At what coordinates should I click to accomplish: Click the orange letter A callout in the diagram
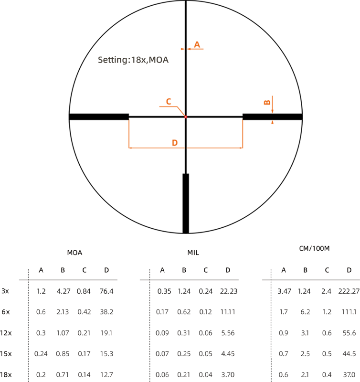(197, 45)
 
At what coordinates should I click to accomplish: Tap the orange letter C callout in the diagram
(168, 101)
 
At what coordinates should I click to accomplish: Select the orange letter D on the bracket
(175, 143)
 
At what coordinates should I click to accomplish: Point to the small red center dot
(186, 117)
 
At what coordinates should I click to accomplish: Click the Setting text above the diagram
(133, 60)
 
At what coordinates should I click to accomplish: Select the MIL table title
(193, 252)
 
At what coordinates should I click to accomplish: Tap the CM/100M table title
(314, 249)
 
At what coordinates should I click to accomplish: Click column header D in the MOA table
(106, 270)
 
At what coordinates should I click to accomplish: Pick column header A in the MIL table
(162, 270)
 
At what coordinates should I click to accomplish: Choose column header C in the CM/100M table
(327, 270)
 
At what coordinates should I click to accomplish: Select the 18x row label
(6, 375)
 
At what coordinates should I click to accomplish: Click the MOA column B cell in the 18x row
(63, 375)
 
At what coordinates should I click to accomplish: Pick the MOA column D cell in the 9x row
(106, 312)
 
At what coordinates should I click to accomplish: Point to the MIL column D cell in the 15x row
(228, 354)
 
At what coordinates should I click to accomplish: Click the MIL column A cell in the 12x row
(162, 333)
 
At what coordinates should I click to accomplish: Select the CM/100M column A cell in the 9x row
(284, 312)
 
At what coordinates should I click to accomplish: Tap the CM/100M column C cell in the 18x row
(327, 375)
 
